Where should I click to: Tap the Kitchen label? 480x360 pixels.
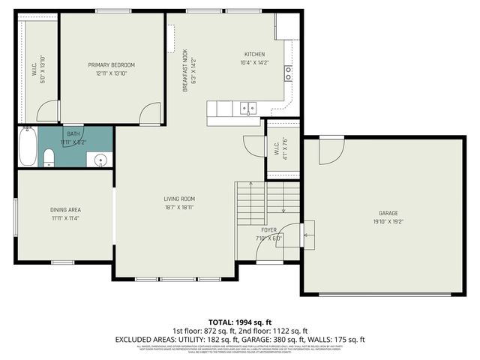point(254,53)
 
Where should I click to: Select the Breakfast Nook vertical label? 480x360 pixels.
point(184,72)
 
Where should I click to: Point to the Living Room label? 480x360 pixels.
point(179,199)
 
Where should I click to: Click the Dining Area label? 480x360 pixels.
point(66,209)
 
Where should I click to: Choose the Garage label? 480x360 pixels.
point(388,213)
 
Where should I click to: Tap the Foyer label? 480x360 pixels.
point(269,229)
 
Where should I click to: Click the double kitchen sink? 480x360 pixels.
point(248,108)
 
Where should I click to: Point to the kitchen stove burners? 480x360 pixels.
point(288,72)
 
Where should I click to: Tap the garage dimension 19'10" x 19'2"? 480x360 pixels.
point(388,222)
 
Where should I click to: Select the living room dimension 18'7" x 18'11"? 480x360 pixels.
point(179,208)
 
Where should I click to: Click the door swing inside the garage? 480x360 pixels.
point(328,152)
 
